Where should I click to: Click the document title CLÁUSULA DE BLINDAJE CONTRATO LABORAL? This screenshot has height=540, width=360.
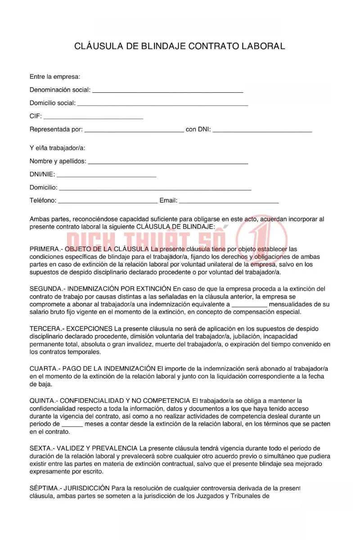[180, 46]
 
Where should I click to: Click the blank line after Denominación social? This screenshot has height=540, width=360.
[167, 90]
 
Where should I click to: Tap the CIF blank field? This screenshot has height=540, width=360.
[93, 117]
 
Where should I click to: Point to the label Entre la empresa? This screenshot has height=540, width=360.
[55, 77]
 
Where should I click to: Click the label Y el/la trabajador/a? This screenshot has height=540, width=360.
[57, 148]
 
